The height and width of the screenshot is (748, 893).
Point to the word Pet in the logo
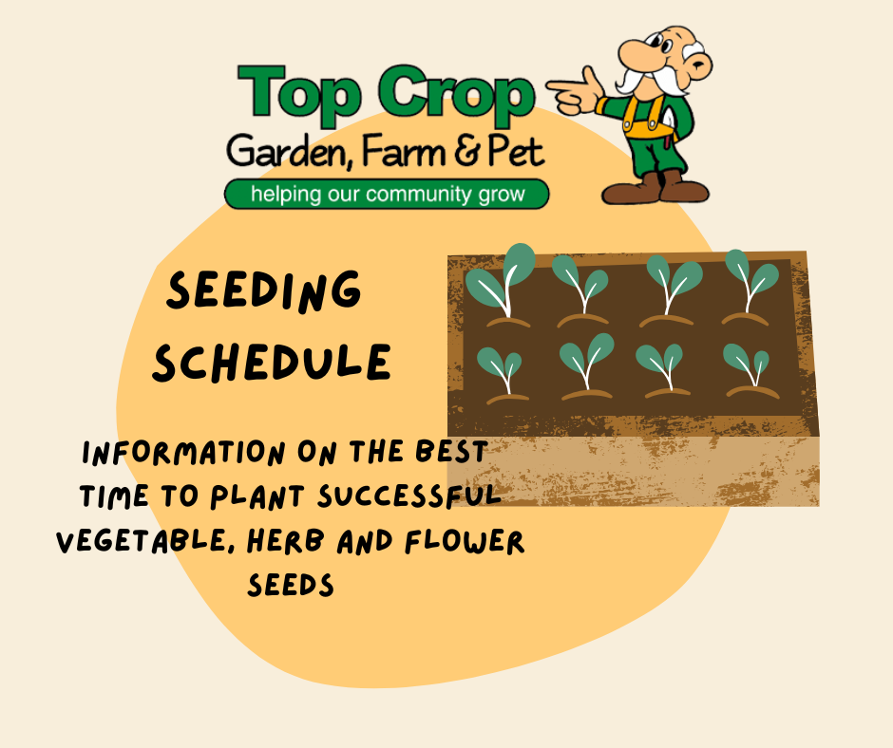(x=513, y=152)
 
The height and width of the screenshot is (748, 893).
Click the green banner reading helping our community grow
(x=387, y=195)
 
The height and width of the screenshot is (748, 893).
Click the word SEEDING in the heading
(x=264, y=291)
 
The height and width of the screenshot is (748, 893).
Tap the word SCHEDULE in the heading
(x=273, y=362)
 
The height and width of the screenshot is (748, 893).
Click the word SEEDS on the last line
(x=291, y=586)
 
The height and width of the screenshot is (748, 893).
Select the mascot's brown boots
(x=655, y=187)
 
